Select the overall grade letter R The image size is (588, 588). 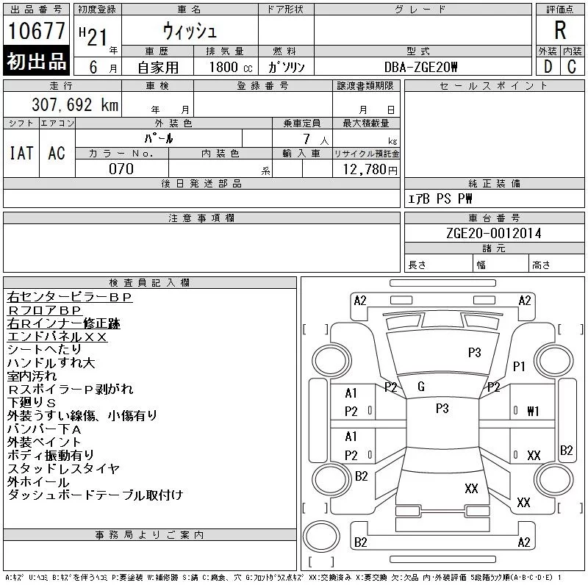click(560, 30)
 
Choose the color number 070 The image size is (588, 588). click(121, 169)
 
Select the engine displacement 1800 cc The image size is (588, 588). click(225, 67)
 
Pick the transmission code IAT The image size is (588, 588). click(21, 153)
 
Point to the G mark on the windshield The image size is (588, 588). click(420, 387)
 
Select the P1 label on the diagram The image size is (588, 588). click(519, 366)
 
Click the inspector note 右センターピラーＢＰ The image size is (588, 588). click(69, 297)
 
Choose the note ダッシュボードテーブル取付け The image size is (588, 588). click(95, 495)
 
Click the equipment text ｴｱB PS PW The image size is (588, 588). click(440, 199)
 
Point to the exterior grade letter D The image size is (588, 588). click(548, 67)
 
